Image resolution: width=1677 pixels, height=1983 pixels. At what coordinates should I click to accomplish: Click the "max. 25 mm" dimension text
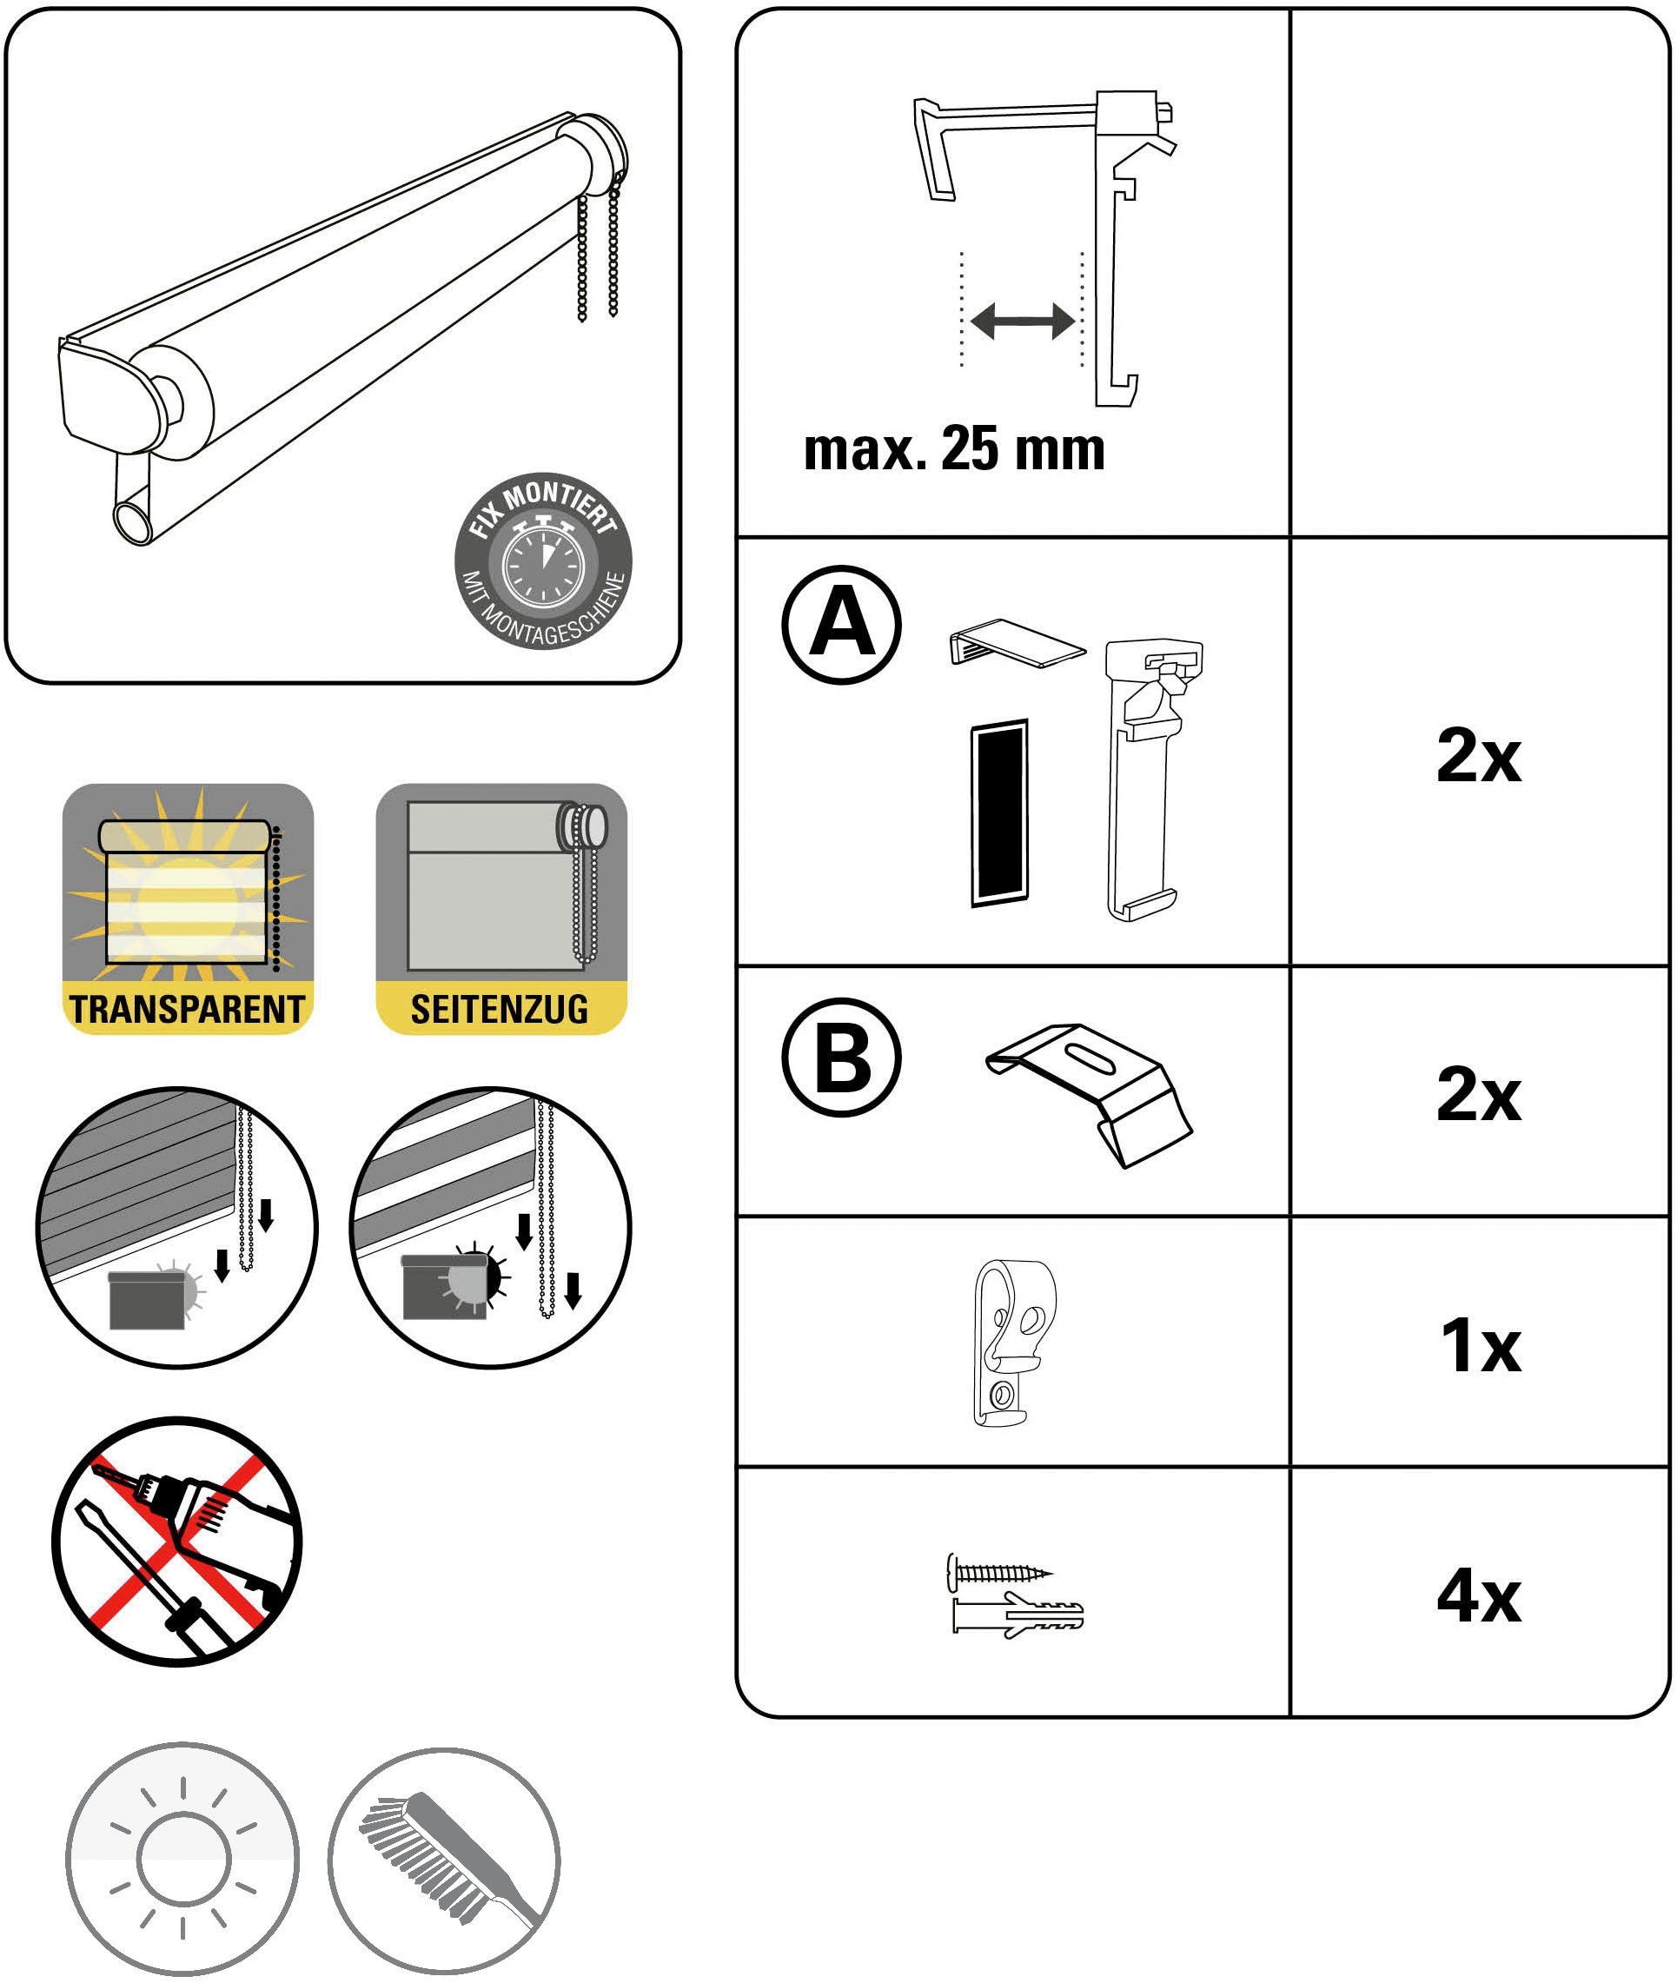(953, 448)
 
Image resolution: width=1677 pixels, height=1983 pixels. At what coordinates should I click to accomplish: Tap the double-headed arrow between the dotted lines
(1022, 322)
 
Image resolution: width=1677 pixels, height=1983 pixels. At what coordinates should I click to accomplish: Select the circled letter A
(841, 625)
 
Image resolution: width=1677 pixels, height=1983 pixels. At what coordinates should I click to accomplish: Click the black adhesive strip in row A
(999, 812)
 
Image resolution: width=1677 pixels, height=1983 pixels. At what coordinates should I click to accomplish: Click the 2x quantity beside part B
(1478, 1094)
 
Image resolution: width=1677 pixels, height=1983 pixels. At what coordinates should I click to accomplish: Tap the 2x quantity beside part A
(1478, 756)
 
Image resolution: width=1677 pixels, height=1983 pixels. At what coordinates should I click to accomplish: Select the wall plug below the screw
(1017, 1615)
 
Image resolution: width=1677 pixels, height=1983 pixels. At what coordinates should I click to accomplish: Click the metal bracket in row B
(1089, 1093)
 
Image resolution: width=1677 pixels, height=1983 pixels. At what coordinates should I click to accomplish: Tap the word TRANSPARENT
(188, 1010)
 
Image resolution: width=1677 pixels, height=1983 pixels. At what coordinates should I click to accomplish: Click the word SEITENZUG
(500, 1010)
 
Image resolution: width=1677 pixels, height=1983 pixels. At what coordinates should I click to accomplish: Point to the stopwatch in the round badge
(543, 567)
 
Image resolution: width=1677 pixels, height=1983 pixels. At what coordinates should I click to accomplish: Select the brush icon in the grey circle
(445, 1860)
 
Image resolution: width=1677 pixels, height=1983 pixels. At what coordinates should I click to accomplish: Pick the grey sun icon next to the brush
(182, 1860)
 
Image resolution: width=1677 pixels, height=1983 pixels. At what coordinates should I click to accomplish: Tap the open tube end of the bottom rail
(132, 522)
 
